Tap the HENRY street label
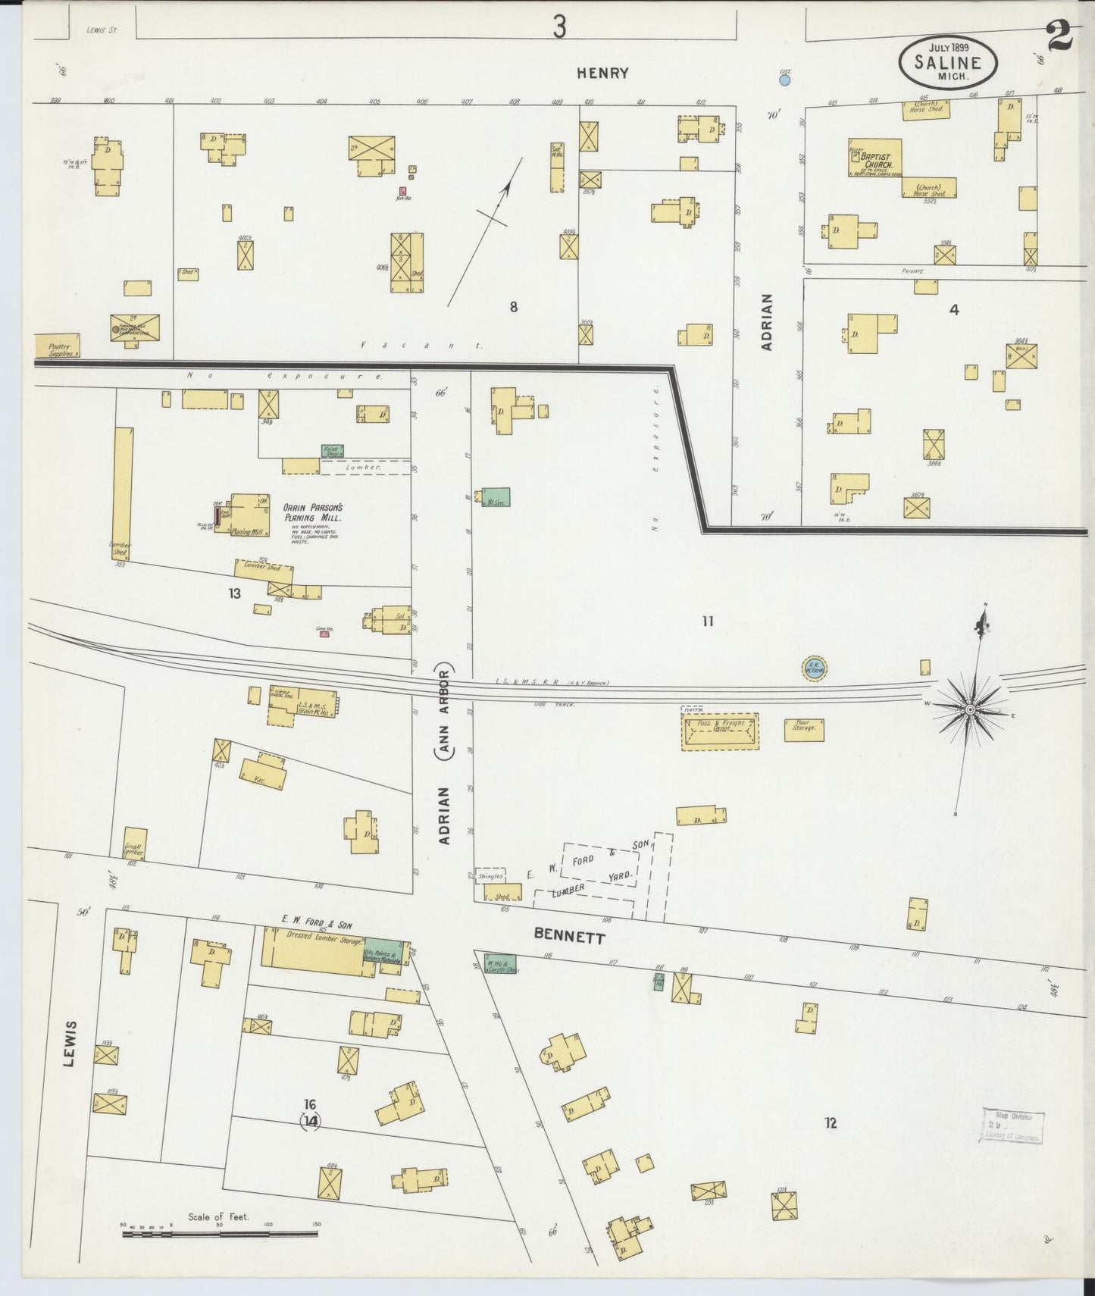[x=602, y=74]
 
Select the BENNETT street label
[x=570, y=937]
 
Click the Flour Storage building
[x=804, y=730]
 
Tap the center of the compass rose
[x=970, y=709]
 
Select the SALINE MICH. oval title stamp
[x=948, y=64]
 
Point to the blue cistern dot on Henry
[x=785, y=79]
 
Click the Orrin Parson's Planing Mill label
[x=313, y=513]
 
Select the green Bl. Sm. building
[x=496, y=497]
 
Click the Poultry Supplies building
[x=57, y=346]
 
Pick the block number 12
[x=831, y=1122]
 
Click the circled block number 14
[x=310, y=1120]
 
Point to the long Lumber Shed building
[x=122, y=493]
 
